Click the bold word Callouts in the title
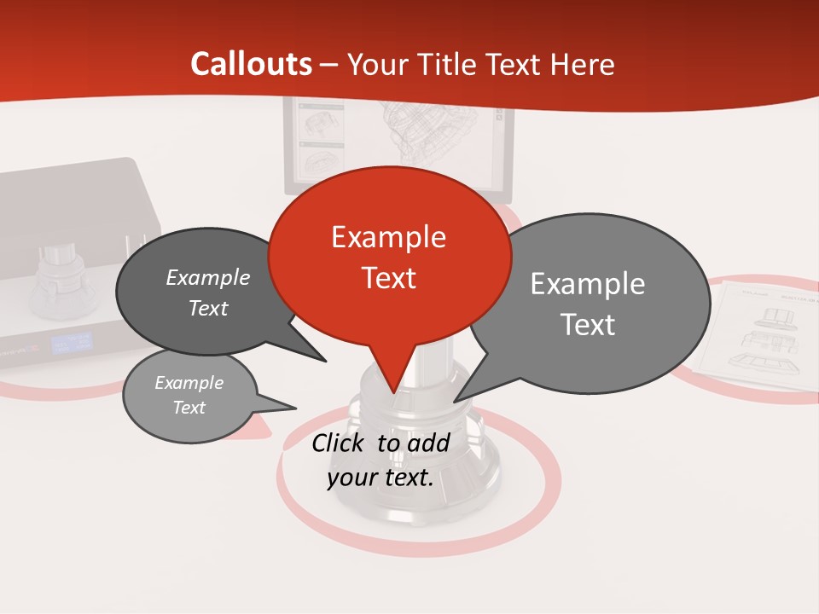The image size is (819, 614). tap(251, 64)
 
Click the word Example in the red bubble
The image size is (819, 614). tap(388, 236)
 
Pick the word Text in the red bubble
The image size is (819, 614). tap(388, 278)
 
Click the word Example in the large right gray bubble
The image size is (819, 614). tap(587, 283)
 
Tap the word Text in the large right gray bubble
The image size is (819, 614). tap(587, 325)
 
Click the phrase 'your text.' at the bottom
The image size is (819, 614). tap(380, 478)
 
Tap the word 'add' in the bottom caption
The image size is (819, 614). tap(428, 443)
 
